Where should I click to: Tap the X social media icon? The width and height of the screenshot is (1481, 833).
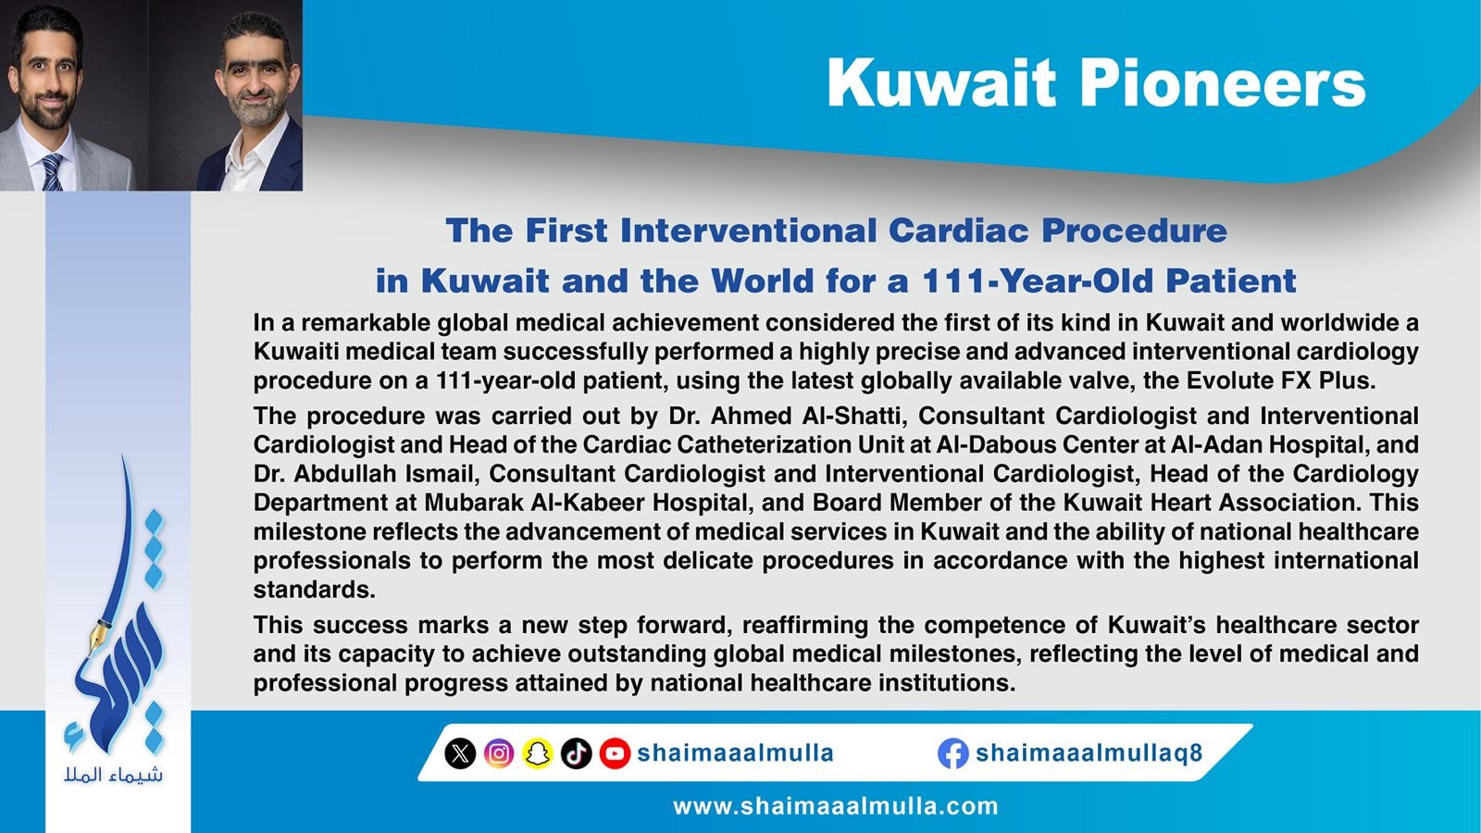coord(460,753)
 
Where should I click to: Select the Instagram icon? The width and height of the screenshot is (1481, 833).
coord(499,753)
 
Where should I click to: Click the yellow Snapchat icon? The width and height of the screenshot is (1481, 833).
coord(538,753)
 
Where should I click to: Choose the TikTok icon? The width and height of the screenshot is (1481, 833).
coord(576,753)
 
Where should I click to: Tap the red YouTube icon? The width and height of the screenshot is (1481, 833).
coord(615,753)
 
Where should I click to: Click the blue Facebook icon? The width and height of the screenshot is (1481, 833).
coord(952,753)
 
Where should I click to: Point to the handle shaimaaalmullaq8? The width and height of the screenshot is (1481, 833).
coord(1089,753)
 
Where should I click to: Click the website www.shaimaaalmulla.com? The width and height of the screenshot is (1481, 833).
coord(836,806)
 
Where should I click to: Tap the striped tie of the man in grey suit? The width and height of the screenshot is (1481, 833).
coord(52,172)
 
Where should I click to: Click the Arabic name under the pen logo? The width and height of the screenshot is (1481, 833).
coord(113,775)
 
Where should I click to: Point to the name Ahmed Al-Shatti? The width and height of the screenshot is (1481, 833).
coord(804,416)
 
